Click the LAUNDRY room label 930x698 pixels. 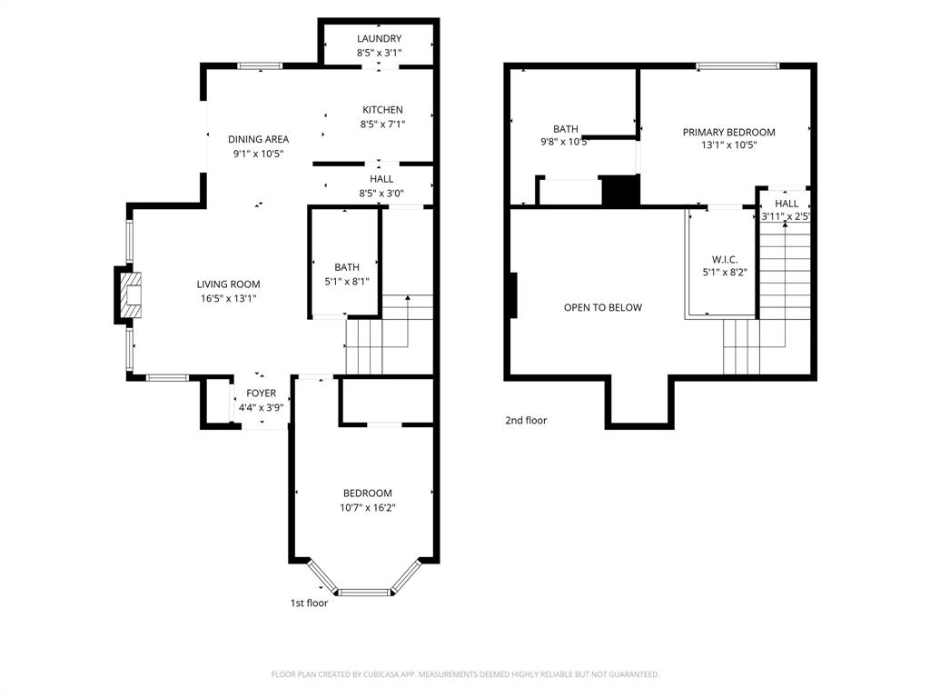tap(379, 39)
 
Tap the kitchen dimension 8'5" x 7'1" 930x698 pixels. tap(381, 125)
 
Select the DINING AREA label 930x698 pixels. tap(258, 139)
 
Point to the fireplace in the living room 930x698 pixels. tap(129, 295)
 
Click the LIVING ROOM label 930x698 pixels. tap(228, 284)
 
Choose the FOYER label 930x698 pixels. tap(261, 394)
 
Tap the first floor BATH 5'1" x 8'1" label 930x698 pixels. tap(346, 274)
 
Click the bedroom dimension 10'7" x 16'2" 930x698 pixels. tap(367, 508)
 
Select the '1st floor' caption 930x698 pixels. tap(309, 603)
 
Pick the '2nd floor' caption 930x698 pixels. tap(526, 421)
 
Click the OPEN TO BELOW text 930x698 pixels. tap(602, 307)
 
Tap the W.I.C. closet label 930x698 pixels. tap(725, 260)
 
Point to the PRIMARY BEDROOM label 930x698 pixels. tap(728, 133)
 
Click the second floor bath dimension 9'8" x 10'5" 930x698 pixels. tap(564, 142)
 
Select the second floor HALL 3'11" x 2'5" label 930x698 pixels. tap(787, 210)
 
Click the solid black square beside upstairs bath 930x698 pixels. tap(621, 191)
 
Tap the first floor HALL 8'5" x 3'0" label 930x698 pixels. tap(381, 185)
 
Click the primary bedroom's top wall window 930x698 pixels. tap(737, 65)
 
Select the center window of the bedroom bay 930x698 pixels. tap(364, 592)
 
